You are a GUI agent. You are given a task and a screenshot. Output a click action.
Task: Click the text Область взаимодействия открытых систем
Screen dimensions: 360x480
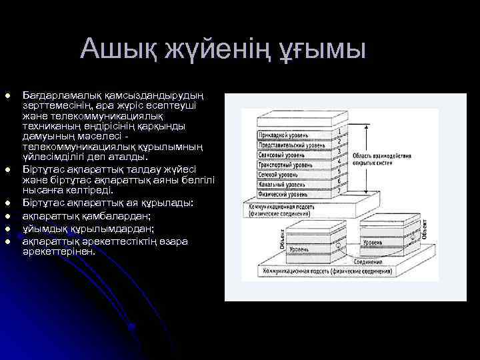click(x=382, y=160)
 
